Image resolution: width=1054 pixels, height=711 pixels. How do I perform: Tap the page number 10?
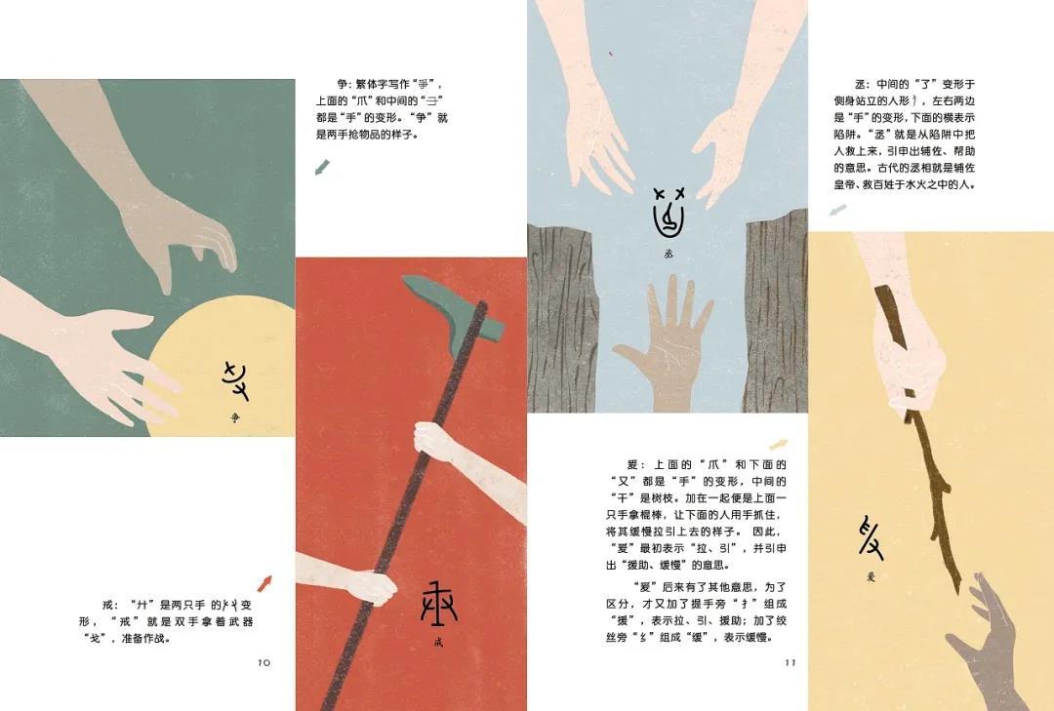click(263, 662)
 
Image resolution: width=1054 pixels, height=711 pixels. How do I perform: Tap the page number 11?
click(790, 662)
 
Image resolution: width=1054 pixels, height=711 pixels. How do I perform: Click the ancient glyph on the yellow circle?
click(235, 380)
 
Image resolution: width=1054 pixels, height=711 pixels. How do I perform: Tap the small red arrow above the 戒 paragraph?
click(263, 583)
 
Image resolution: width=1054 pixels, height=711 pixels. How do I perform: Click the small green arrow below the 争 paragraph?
click(321, 168)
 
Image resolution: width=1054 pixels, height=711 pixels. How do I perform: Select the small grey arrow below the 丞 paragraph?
click(837, 210)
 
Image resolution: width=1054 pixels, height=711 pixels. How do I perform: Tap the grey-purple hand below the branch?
click(986, 634)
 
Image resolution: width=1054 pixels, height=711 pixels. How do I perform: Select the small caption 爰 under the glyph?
click(871, 576)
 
